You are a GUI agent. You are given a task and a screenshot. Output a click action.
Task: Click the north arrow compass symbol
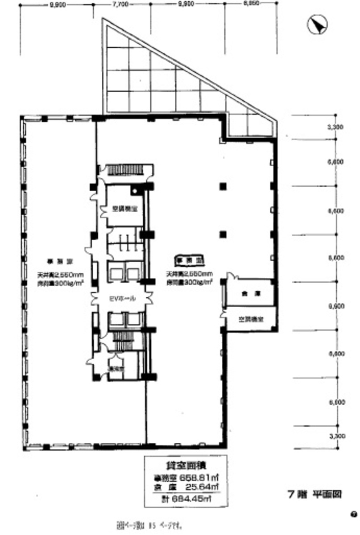[318, 25]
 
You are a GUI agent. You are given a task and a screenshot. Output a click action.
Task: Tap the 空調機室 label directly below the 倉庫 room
[250, 320]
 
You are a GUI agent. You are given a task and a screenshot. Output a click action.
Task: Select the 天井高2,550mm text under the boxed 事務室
[190, 273]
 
